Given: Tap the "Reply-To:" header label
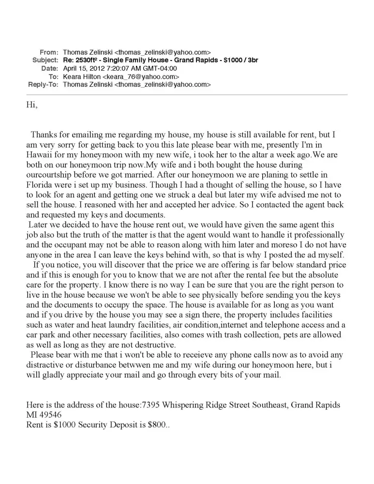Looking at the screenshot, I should (44, 84).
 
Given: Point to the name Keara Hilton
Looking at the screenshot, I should (81, 76).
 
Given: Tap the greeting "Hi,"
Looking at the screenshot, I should (31, 104).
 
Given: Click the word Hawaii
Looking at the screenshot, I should (40, 154).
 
